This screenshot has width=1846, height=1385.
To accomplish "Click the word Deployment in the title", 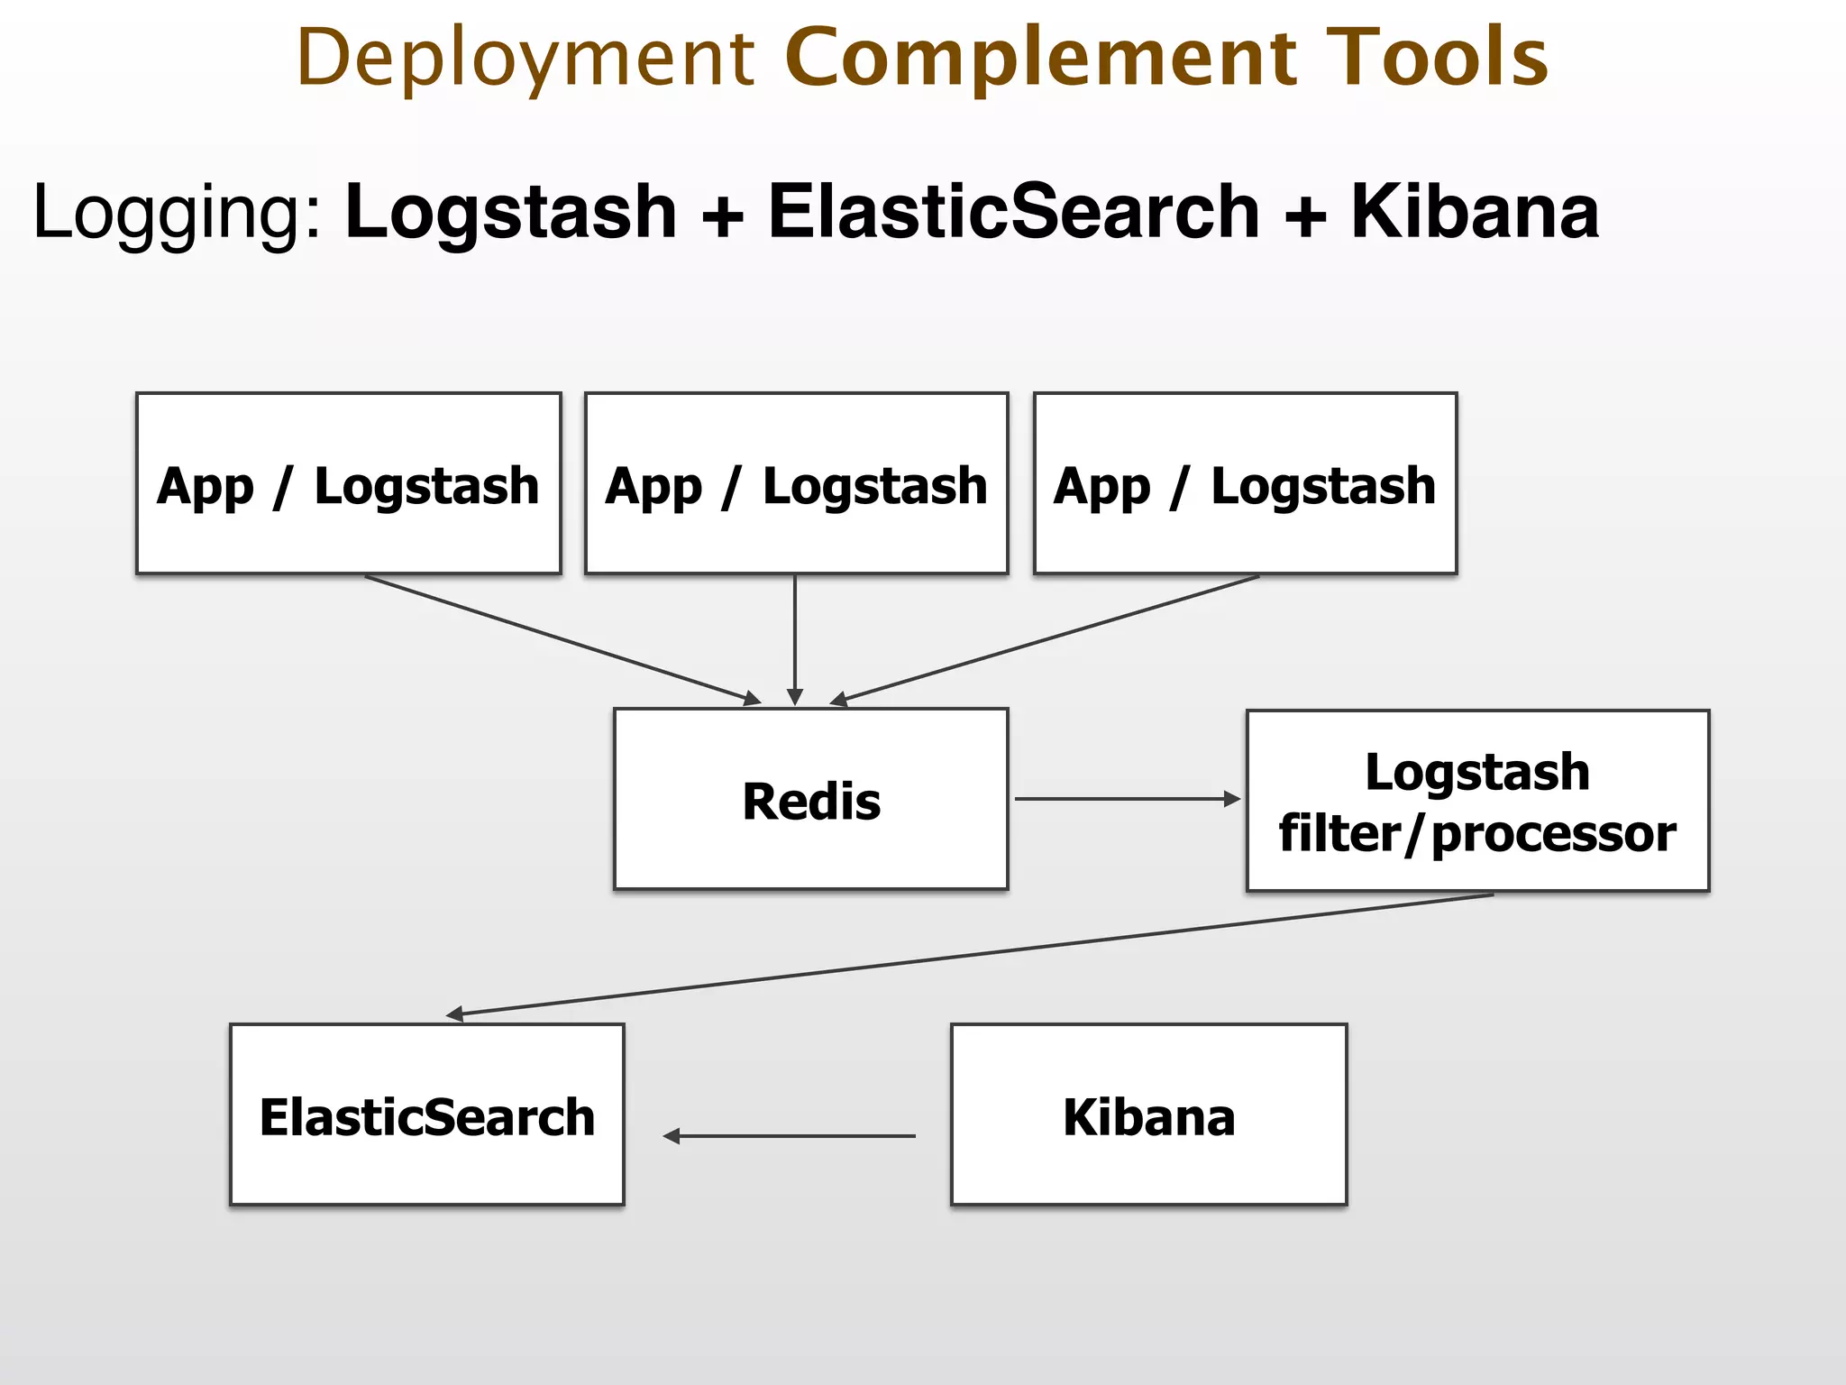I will pos(525,59).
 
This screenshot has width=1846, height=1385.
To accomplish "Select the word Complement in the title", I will pos(1041,59).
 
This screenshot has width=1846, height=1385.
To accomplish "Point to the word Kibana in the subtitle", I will pos(1475,212).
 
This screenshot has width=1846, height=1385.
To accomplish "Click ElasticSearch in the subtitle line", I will pos(1013,212).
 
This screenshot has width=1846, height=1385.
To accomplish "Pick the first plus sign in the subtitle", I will pos(722,216).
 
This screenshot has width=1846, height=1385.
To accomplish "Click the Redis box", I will pos(810,799).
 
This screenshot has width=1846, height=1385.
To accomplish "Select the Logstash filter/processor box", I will pos(1477,801).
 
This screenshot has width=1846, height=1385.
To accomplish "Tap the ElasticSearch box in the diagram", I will pos(427,1114).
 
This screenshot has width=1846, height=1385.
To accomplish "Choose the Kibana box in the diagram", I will pos(1148,1114).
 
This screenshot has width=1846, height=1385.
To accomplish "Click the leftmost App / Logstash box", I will pos(349,483).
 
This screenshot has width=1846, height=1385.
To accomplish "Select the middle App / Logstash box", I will pos(796,483).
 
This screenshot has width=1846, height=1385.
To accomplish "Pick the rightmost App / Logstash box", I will pos(1245,483).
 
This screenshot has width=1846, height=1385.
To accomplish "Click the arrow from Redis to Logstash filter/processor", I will pos(1127,799).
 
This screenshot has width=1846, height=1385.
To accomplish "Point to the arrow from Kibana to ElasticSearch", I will pos(790,1136).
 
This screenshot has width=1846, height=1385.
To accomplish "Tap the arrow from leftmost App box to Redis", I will pos(563,639).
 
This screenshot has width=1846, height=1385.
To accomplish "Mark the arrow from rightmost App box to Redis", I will pos(1046,639).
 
